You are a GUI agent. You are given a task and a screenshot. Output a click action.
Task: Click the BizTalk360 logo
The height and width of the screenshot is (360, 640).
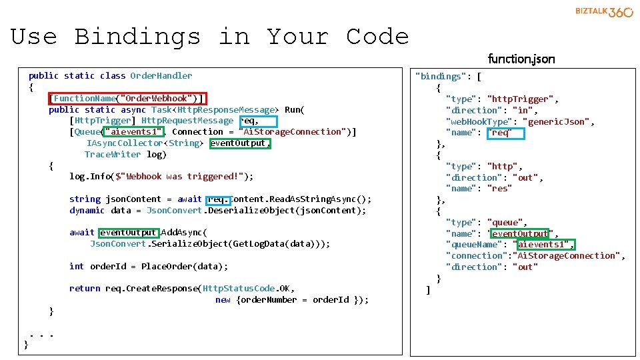603,13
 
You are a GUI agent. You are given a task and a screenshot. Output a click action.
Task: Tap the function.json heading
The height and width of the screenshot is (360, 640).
521,59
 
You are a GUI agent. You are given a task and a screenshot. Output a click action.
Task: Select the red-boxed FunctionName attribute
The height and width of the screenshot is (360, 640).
127,99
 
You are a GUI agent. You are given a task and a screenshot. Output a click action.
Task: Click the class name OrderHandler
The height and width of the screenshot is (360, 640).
161,76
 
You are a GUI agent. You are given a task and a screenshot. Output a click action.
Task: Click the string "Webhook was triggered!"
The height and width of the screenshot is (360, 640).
184,177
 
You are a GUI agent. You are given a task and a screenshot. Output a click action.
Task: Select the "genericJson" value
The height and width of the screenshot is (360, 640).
557,122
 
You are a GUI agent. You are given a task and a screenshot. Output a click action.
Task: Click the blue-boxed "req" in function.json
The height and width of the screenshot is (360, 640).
506,133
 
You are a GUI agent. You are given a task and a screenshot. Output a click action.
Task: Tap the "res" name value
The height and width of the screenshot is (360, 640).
500,189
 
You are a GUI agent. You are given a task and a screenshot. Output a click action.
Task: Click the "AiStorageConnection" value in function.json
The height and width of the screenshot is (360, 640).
568,256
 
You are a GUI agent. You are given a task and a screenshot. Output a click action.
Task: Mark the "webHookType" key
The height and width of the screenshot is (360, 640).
481,122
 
